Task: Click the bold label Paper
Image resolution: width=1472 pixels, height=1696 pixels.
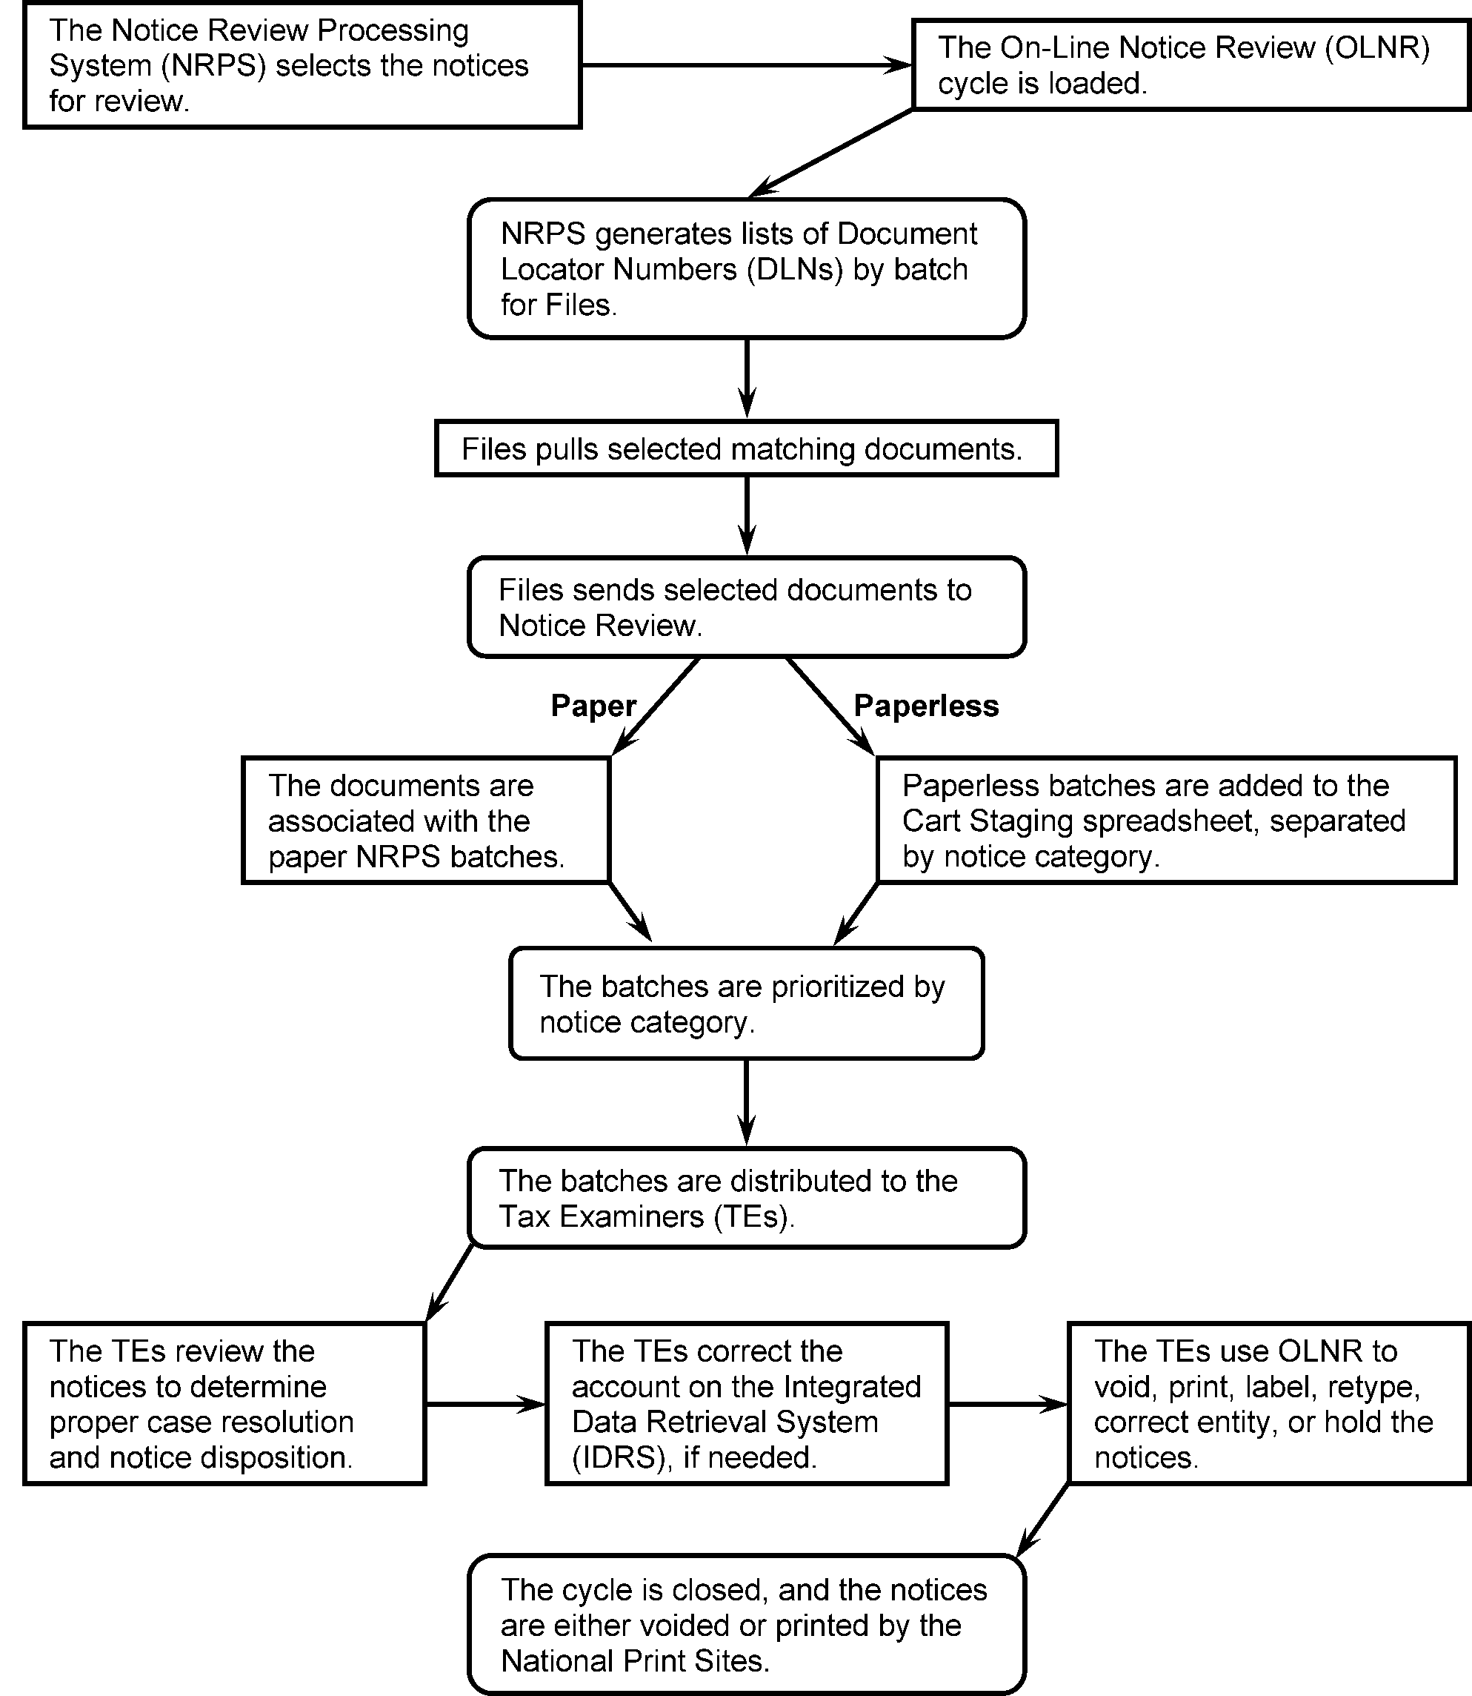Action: [x=593, y=706]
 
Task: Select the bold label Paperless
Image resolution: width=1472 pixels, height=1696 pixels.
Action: [x=926, y=706]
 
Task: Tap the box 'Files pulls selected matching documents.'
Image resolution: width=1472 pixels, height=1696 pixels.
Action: [x=746, y=448]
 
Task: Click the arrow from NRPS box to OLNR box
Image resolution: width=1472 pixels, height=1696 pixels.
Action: [x=746, y=65]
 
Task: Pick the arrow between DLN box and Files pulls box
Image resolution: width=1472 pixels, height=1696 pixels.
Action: [x=747, y=378]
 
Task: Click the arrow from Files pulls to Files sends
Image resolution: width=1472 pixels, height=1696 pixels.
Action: [x=747, y=515]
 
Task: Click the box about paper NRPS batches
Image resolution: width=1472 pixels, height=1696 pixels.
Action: [x=425, y=820]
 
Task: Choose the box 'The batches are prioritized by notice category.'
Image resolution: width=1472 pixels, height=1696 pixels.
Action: [x=746, y=1004]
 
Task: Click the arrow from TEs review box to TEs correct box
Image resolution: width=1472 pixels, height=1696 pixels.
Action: [x=485, y=1404]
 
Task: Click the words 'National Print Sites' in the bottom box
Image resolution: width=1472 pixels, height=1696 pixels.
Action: [x=634, y=1660]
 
